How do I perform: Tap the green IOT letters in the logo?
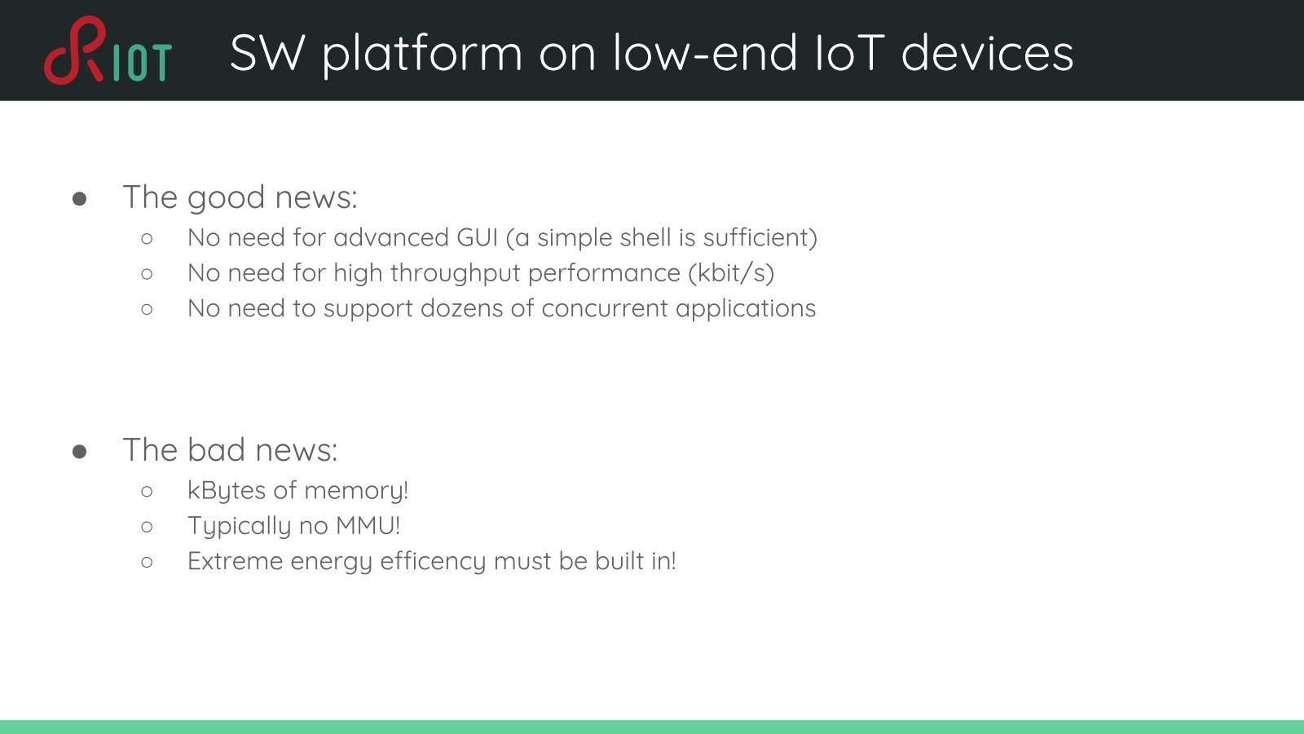pos(143,62)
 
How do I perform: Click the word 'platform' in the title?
pos(422,54)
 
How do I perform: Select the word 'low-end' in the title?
pos(705,53)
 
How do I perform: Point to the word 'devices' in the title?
pos(987,53)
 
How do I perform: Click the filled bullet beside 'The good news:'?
pos(80,199)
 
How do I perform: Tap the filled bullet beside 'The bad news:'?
pos(80,452)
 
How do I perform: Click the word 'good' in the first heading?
pos(227,198)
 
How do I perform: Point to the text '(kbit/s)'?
pos(731,273)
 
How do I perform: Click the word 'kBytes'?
pos(227,491)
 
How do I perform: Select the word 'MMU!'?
pos(368,525)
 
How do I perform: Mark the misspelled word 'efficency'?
pos(433,562)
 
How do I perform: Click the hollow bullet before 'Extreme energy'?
pos(147,562)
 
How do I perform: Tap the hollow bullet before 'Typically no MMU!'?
pos(147,527)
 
